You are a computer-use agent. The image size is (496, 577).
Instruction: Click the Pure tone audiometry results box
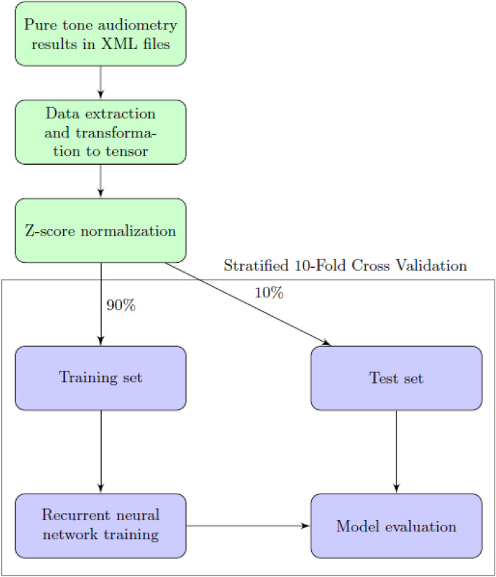click(x=101, y=34)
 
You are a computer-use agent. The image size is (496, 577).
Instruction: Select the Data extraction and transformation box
click(x=101, y=132)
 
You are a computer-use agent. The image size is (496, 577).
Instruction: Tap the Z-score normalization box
click(x=101, y=231)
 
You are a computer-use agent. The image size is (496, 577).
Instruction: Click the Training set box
click(x=101, y=378)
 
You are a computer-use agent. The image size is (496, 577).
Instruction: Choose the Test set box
click(x=397, y=378)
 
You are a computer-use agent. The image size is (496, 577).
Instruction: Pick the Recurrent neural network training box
click(x=101, y=525)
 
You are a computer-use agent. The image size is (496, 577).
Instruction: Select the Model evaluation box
click(x=397, y=525)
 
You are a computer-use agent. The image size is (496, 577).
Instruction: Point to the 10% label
click(x=269, y=294)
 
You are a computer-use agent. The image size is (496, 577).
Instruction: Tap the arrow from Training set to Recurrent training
click(x=101, y=452)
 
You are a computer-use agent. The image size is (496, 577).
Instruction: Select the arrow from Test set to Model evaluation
click(x=397, y=452)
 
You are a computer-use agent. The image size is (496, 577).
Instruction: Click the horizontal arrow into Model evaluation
click(x=248, y=525)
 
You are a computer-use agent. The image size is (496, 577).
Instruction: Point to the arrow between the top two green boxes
click(x=101, y=83)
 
